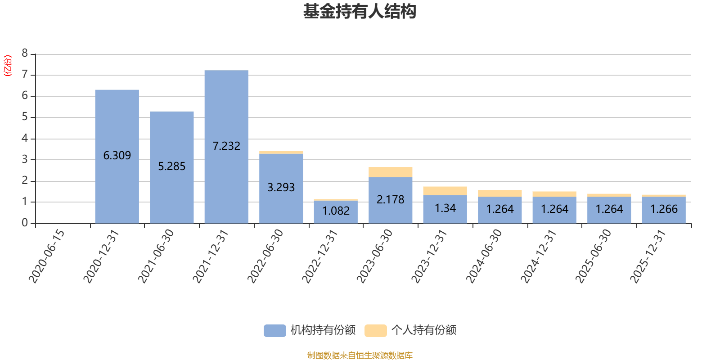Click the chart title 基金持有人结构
tap(360, 12)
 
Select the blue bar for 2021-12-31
tap(226, 147)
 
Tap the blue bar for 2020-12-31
tap(117, 157)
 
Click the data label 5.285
tap(171, 166)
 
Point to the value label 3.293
tap(281, 187)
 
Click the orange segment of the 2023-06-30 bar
tap(390, 172)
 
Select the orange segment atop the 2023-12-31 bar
tap(445, 191)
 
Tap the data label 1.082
tap(336, 211)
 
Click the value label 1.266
tap(664, 209)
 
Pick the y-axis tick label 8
tap(25, 53)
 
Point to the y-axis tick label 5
tap(25, 117)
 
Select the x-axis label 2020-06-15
tap(47, 256)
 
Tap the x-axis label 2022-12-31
tap(320, 256)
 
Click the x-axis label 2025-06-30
tap(593, 256)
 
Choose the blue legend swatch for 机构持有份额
tap(275, 330)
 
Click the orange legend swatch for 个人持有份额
tap(375, 330)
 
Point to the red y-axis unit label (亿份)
tap(7, 66)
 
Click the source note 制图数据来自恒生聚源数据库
tap(360, 355)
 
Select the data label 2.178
tap(390, 200)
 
